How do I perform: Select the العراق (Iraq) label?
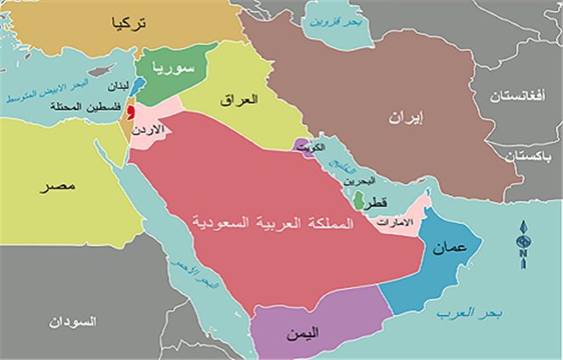point(242,100)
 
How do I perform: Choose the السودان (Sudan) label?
point(70,322)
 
